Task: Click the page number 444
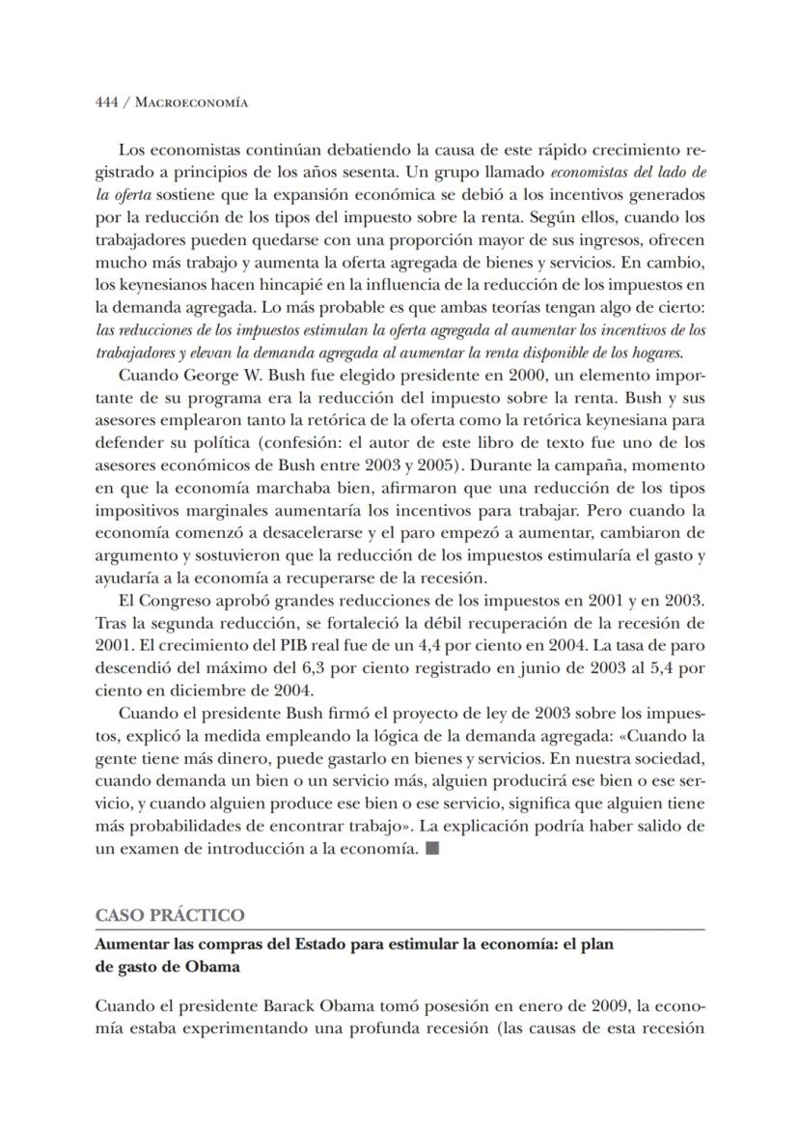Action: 107,103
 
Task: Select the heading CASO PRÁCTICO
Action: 170,915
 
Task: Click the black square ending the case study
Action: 432,849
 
